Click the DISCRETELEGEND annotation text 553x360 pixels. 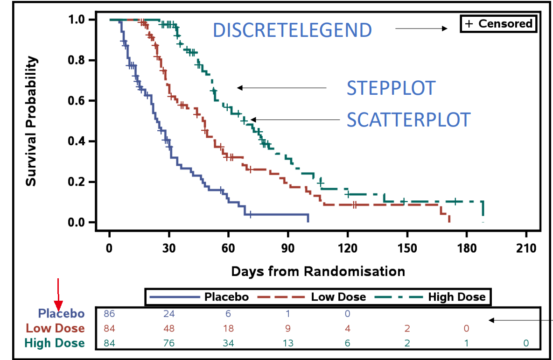(292, 30)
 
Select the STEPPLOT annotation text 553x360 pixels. (391, 88)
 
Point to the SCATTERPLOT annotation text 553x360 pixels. (408, 120)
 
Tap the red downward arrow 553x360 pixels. (57, 292)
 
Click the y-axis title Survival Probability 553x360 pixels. (31, 121)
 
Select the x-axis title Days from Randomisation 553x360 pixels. (318, 271)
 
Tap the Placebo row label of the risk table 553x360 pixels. (61, 314)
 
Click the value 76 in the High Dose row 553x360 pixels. (168, 344)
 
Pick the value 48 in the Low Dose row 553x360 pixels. (168, 329)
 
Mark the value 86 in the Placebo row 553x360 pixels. (109, 314)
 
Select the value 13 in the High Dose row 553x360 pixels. (287, 344)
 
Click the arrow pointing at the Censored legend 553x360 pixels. (421, 29)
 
